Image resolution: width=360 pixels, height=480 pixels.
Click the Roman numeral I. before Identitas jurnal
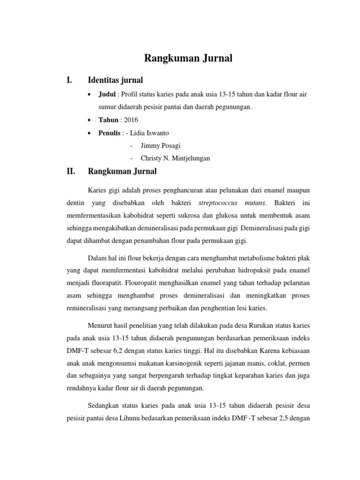[70, 80]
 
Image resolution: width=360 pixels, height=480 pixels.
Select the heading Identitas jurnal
[115, 80]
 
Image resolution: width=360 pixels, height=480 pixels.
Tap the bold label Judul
[107, 94]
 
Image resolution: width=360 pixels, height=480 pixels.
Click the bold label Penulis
[109, 133]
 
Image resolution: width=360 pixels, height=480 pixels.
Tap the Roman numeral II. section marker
[71, 172]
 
